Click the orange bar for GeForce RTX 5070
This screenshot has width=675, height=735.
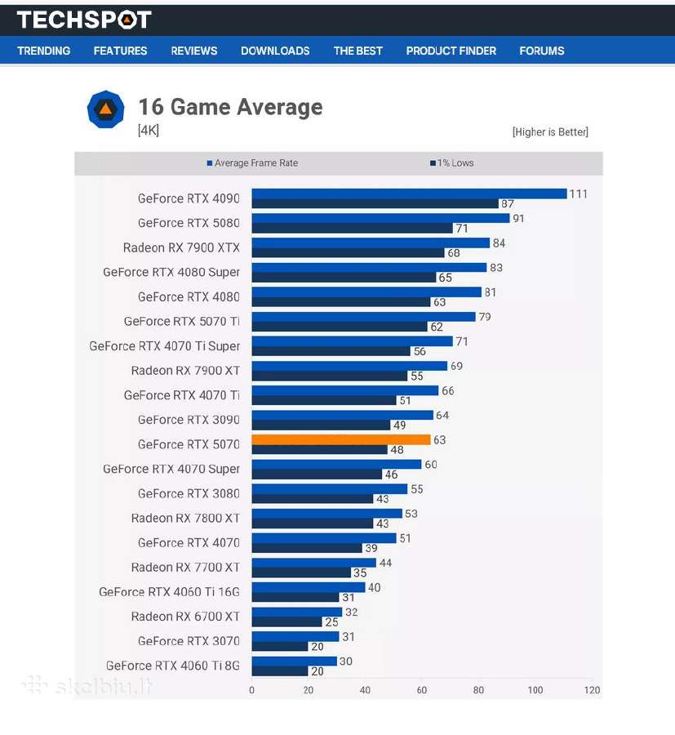point(341,439)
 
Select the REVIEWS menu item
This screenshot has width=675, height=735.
point(194,51)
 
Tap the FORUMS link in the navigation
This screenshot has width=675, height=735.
point(542,51)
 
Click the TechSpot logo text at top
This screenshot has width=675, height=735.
point(84,20)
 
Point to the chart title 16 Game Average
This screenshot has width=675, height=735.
point(230,107)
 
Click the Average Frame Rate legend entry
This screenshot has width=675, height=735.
point(252,163)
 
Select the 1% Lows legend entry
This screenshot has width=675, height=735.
point(452,163)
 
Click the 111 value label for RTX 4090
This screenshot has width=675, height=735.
point(578,194)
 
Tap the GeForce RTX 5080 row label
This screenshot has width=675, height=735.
point(189,223)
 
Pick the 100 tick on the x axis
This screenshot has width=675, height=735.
point(535,690)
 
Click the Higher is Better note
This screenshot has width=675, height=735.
point(550,132)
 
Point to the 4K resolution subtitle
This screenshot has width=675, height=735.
point(149,131)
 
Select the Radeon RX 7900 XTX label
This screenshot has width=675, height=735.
point(181,247)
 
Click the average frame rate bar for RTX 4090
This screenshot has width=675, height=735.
point(410,194)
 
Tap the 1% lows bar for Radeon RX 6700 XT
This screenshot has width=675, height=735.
point(287,622)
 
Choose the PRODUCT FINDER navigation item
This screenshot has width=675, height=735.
point(451,51)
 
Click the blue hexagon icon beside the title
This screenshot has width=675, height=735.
point(106,109)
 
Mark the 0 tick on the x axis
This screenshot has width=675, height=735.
point(252,690)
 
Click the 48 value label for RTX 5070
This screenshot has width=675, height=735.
point(397,450)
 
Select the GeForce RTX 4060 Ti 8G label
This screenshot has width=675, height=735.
point(173,666)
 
